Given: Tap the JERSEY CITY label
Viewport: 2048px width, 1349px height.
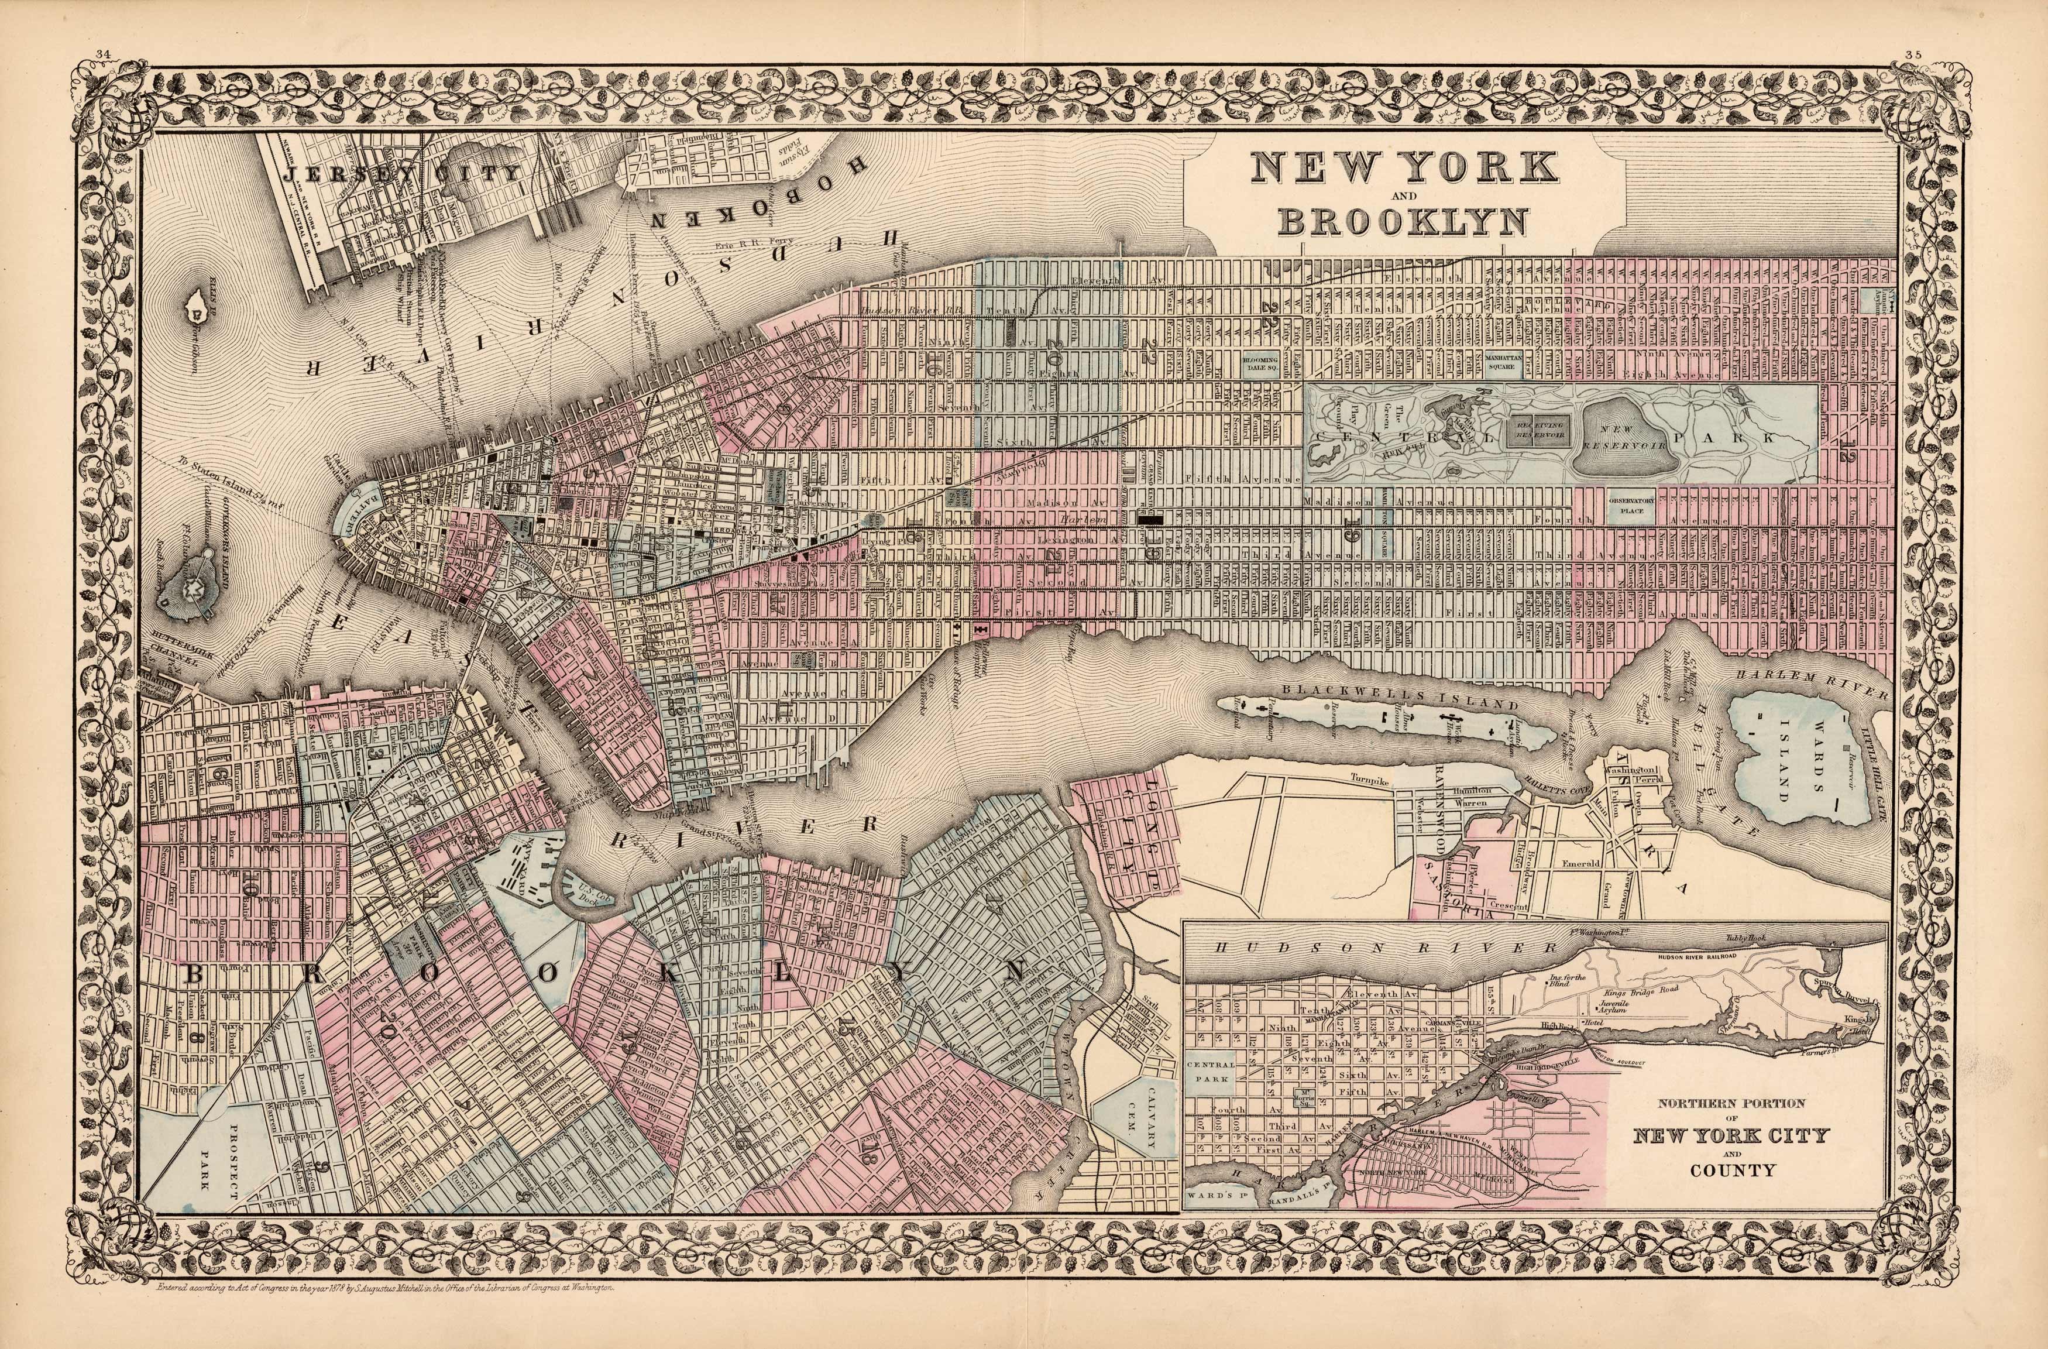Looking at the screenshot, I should coord(404,173).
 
